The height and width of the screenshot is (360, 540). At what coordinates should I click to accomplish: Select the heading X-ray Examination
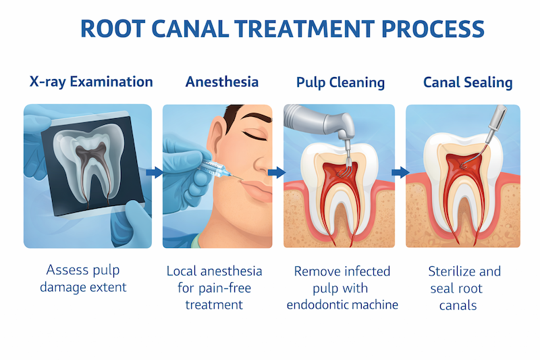(91, 82)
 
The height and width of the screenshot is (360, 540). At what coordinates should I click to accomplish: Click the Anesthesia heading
(222, 82)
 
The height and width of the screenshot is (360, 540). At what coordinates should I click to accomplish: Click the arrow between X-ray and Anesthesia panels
(155, 173)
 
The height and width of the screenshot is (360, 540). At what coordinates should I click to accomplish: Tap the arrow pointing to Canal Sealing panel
(400, 173)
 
